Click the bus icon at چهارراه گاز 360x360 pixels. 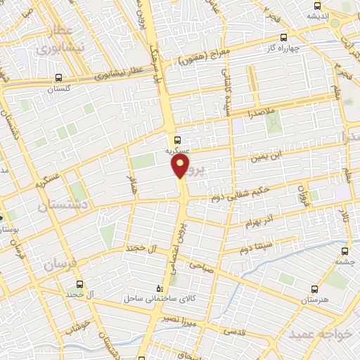click(283, 38)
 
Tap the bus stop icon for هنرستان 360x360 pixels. click(313, 289)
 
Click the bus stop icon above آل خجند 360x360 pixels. click(79, 284)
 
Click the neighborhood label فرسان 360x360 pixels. click(59, 265)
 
